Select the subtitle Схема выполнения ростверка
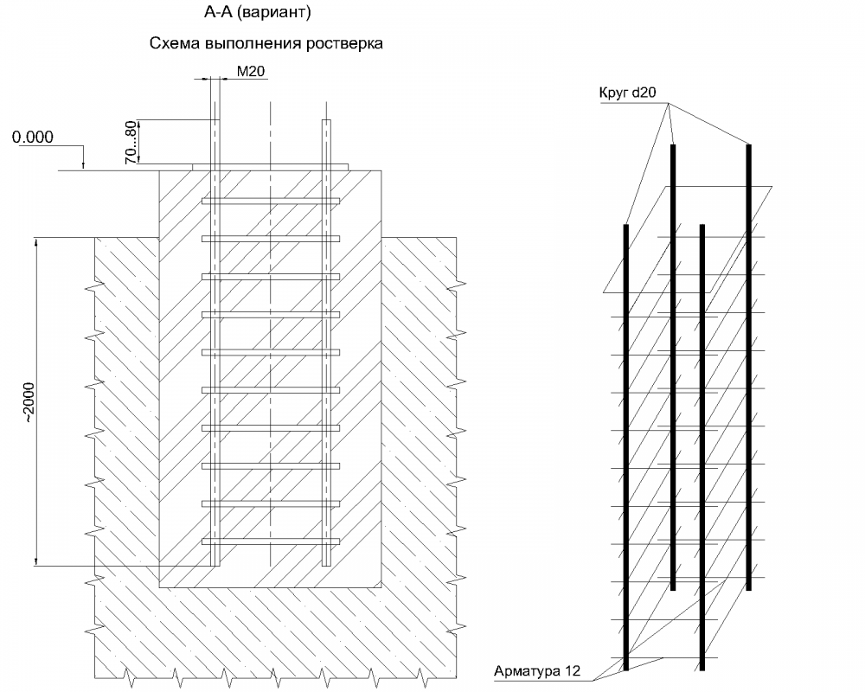tap(266, 43)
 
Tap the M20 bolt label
tap(250, 72)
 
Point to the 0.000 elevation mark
tap(34, 136)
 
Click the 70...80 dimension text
tap(131, 142)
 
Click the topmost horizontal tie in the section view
tap(271, 201)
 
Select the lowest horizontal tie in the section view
tap(271, 542)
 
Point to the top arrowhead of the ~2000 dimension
tap(37, 243)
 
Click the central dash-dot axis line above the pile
tap(271, 130)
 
